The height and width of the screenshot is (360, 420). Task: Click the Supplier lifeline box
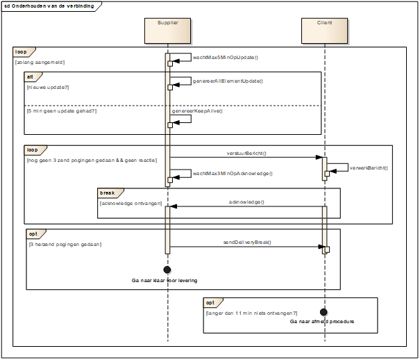tap(168, 31)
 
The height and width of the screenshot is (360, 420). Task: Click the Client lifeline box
tap(325, 31)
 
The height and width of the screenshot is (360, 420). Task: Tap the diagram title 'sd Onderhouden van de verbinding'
tap(49, 6)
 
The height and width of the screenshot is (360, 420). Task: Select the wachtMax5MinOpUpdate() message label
tap(225, 58)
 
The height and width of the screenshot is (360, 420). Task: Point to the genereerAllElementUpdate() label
tap(228, 81)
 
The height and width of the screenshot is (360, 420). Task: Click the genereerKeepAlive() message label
tap(197, 111)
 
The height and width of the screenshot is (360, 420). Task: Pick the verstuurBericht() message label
tap(246, 154)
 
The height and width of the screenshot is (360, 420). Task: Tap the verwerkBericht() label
tap(369, 168)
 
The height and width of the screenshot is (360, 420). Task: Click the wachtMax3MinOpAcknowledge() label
tap(233, 174)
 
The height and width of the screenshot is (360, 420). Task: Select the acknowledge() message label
tap(246, 202)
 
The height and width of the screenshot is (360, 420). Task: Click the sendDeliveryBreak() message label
tap(247, 242)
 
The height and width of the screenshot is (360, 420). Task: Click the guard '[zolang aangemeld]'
tap(40, 63)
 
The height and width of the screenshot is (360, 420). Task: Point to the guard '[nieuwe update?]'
tap(48, 88)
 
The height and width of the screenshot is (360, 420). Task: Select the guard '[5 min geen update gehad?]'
tap(62, 111)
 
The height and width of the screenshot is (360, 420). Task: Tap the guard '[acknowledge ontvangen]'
tap(131, 204)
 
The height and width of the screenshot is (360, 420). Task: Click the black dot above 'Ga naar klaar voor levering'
tap(167, 270)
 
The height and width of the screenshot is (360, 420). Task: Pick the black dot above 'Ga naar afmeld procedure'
tap(324, 312)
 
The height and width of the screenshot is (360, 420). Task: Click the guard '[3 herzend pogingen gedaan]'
tap(65, 245)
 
